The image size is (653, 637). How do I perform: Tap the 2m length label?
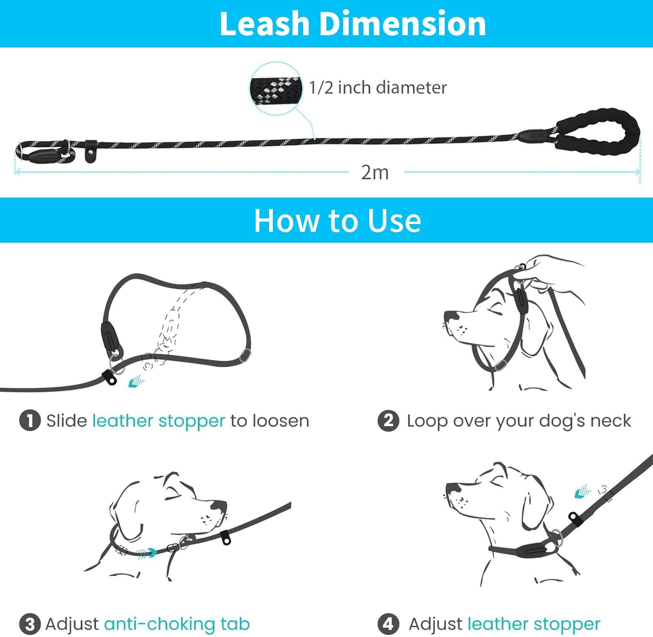tap(374, 173)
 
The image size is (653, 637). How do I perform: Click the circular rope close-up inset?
tap(276, 88)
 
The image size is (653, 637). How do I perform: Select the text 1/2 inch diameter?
tap(378, 88)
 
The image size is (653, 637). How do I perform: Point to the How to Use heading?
tap(337, 221)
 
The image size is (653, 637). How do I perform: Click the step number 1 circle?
tap(30, 421)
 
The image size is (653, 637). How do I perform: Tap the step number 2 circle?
tap(388, 421)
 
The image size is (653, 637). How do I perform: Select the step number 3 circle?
tap(30, 624)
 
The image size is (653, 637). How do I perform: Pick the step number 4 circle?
tap(388, 624)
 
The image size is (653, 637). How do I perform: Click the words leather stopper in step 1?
tap(159, 421)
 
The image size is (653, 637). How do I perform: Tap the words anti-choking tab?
tap(177, 624)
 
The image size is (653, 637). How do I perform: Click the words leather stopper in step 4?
tap(534, 624)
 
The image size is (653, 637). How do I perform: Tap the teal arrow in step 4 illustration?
tap(582, 492)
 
